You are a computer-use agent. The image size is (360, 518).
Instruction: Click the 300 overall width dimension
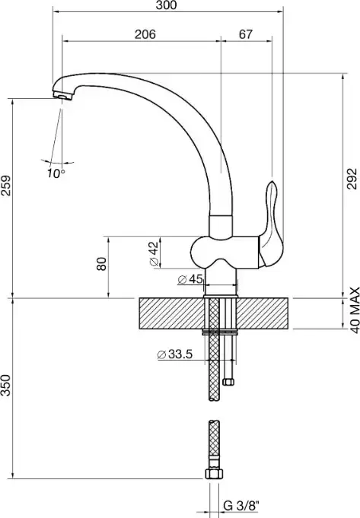[167, 5]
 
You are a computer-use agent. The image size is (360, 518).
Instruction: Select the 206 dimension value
[145, 34]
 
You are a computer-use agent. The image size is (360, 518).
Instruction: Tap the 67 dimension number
[246, 34]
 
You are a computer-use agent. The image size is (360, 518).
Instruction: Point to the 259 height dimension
[6, 186]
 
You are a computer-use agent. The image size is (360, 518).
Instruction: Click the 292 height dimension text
[352, 179]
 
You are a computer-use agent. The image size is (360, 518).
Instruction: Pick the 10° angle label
[56, 173]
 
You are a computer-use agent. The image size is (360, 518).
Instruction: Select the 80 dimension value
[102, 264]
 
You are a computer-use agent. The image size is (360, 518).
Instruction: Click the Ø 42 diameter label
[154, 254]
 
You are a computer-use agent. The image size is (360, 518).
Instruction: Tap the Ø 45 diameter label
[190, 279]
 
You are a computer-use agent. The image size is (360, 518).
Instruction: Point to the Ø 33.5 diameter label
[175, 354]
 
